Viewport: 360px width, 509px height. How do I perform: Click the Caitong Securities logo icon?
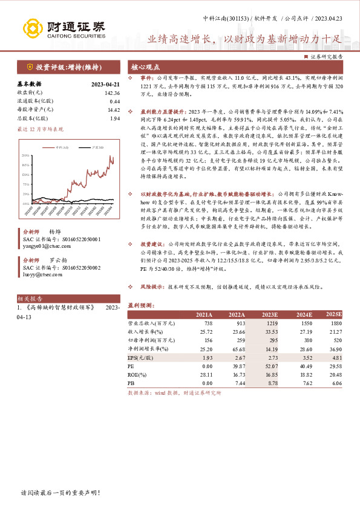(33, 28)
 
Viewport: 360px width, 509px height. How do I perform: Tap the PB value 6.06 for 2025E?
(336, 383)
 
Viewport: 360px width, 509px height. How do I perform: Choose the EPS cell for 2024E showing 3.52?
(303, 357)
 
